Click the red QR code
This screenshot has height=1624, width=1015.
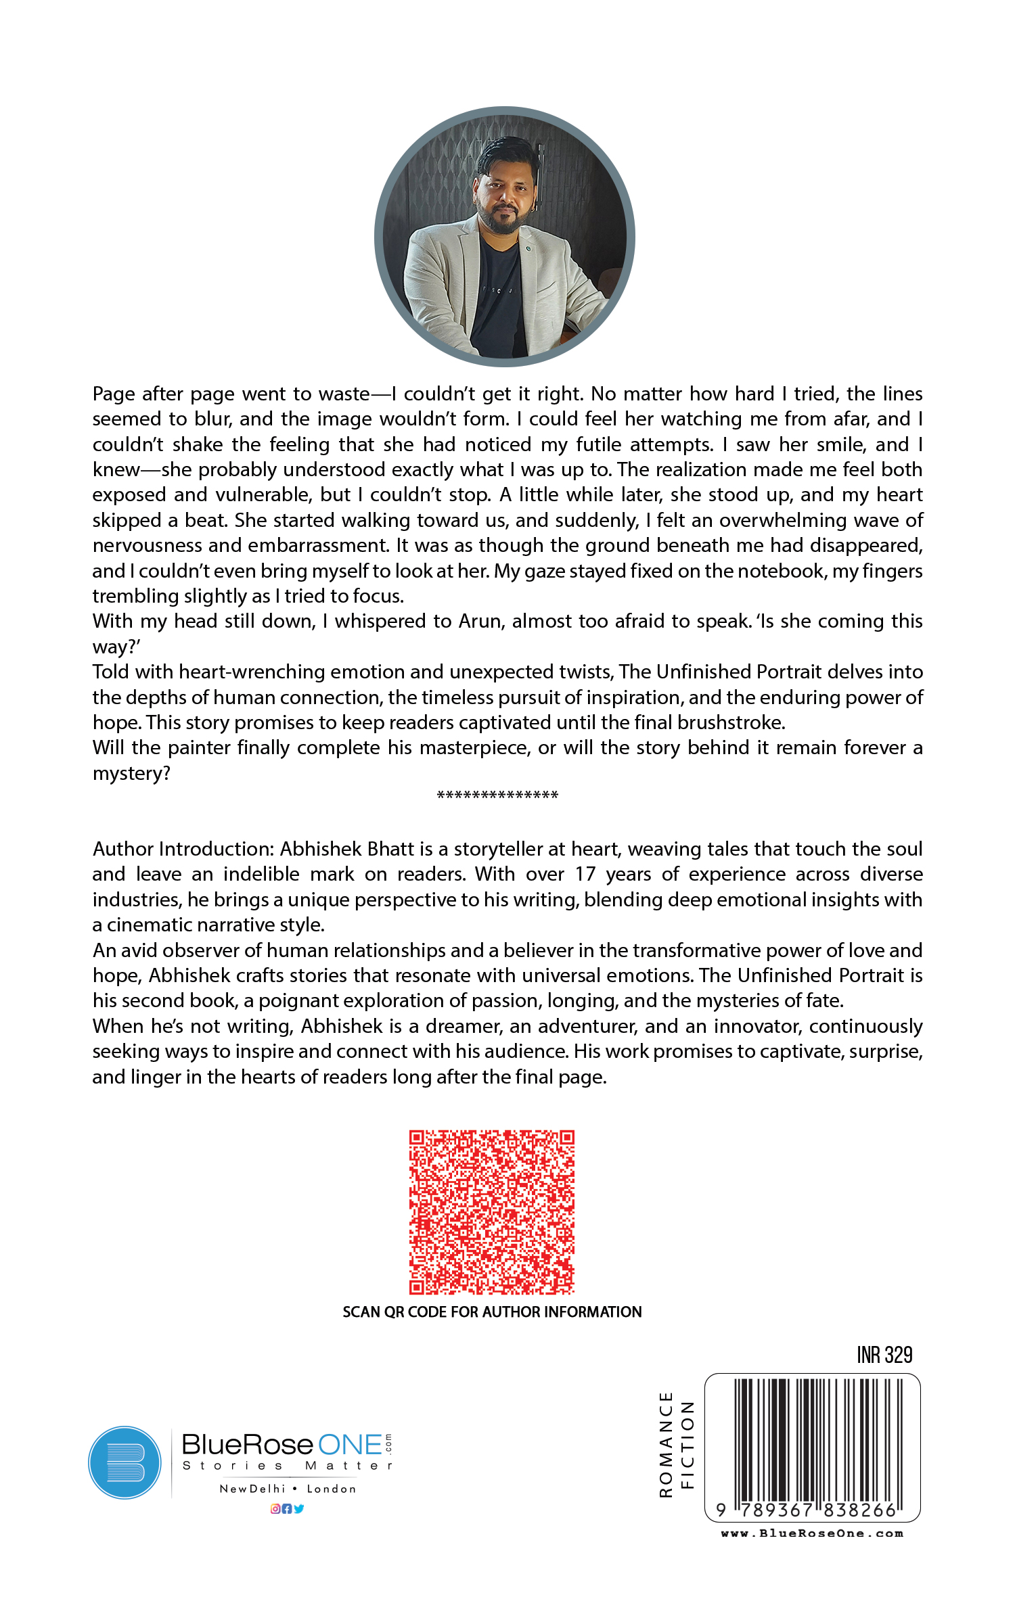pos(492,1211)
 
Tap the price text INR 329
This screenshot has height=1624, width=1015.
pos(884,1355)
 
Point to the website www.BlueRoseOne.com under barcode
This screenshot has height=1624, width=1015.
pos(812,1533)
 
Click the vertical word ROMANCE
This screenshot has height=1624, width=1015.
pos(666,1444)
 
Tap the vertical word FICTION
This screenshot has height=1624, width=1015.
pos(687,1444)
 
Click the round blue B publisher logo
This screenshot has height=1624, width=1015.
pos(125,1462)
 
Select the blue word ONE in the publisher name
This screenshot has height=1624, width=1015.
pos(350,1445)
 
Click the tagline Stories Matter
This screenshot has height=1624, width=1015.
pos(287,1466)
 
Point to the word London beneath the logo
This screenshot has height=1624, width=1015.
pos(332,1489)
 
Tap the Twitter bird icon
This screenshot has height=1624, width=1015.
pos(299,1508)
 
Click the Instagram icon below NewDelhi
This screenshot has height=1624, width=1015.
pos(275,1508)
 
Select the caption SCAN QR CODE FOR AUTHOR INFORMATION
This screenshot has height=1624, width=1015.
pos(492,1312)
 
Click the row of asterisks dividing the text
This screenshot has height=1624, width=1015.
pos(497,795)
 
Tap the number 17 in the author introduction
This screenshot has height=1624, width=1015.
pos(585,874)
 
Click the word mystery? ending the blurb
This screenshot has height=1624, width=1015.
pos(131,773)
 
